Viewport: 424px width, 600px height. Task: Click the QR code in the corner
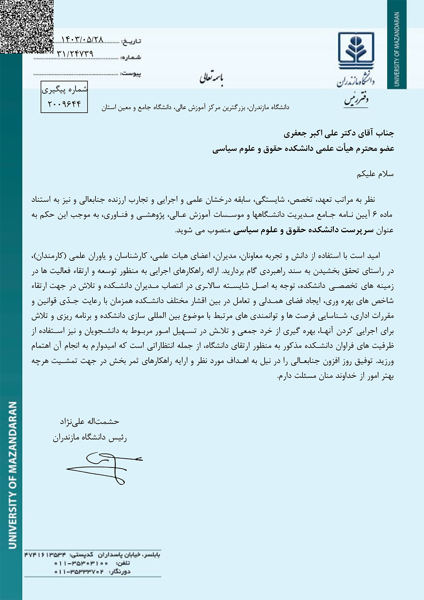26,26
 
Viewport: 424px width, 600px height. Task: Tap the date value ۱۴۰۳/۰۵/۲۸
82,40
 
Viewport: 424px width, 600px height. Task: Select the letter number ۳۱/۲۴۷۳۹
75,54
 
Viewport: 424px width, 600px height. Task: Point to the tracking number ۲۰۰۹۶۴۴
64,104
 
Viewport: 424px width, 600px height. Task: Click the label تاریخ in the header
131,42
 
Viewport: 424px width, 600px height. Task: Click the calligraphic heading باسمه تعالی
212,78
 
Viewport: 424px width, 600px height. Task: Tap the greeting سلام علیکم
375,174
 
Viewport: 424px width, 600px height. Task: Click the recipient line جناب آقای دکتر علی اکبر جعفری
339,134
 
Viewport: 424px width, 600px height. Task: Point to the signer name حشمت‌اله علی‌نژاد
89,421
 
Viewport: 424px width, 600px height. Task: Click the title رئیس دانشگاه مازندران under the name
90,438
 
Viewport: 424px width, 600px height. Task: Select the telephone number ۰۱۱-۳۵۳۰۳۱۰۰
81,563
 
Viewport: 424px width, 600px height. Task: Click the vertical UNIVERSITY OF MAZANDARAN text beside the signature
12,475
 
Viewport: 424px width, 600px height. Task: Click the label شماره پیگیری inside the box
64,89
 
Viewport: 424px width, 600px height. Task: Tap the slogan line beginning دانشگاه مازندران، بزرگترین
195,108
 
